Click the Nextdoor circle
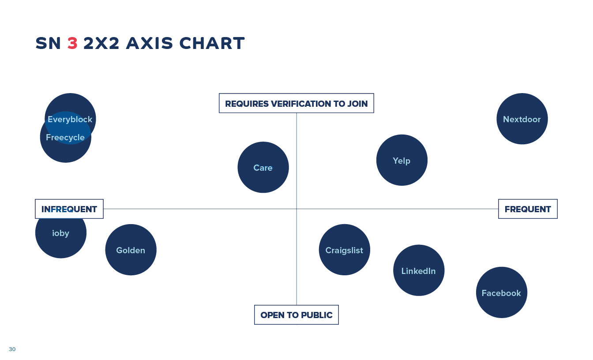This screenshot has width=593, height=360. [522, 119]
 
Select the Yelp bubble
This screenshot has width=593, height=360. [402, 160]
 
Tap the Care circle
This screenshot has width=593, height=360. [263, 167]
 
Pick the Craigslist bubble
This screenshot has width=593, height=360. [345, 250]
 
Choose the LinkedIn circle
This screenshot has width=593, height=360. [419, 270]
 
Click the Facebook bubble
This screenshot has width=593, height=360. [502, 292]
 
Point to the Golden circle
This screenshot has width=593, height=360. [131, 250]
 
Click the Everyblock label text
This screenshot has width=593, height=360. [70, 120]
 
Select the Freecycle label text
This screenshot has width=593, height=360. [65, 137]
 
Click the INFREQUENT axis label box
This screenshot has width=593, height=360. [69, 209]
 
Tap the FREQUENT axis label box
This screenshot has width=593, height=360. [528, 209]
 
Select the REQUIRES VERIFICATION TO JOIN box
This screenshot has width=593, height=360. [296, 103]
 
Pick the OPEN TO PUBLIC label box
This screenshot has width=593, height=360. [296, 315]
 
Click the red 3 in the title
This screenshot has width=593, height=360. [72, 43]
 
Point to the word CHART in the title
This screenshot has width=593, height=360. [212, 43]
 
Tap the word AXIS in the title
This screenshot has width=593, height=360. [150, 43]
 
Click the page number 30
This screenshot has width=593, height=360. [12, 349]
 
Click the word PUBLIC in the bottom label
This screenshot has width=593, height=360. [317, 315]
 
